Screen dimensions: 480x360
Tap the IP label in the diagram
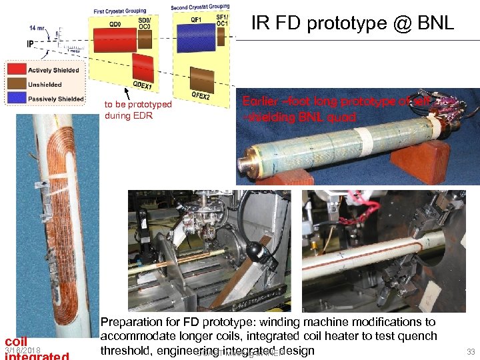point(31,44)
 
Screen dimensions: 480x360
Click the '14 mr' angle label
point(38,28)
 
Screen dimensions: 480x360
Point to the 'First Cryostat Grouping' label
point(120,11)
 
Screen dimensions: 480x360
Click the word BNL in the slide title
point(432,24)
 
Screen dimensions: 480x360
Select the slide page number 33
point(471,351)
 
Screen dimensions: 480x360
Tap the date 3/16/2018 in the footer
point(22,351)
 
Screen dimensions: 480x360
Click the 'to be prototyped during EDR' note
point(138,110)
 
